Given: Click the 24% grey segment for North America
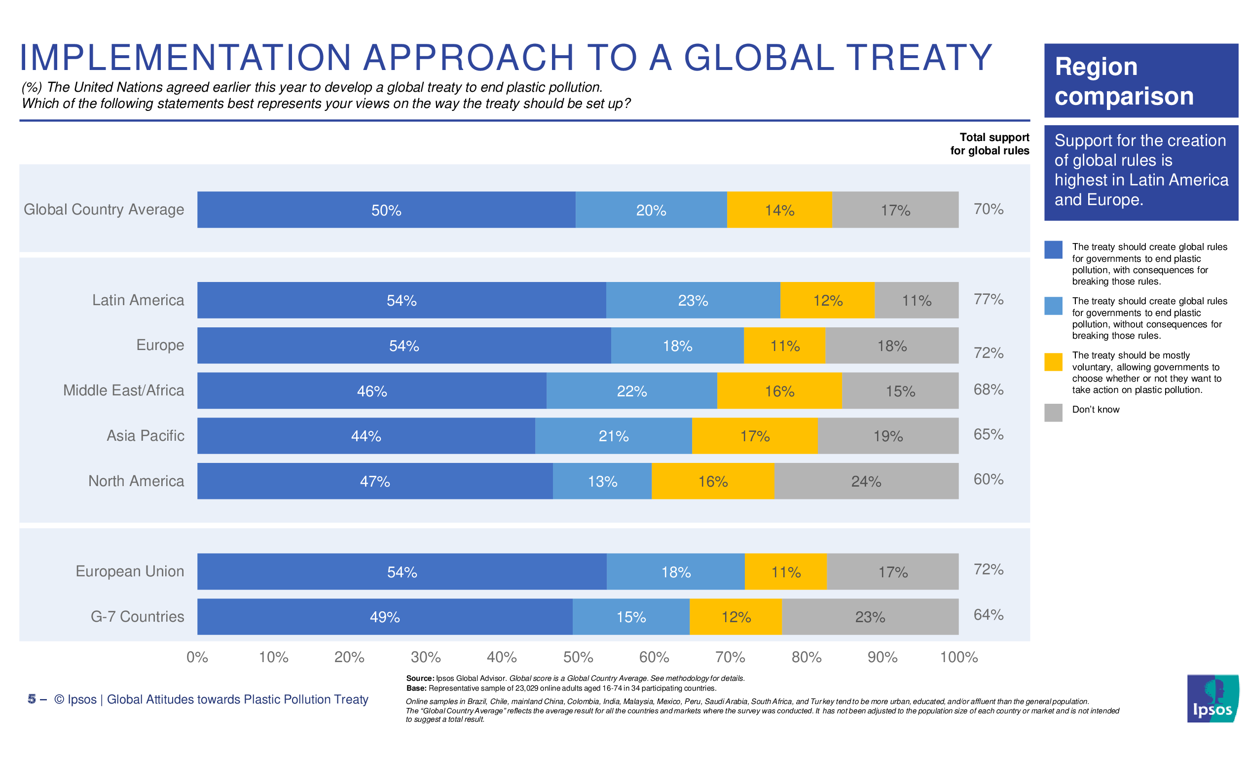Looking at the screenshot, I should click(x=866, y=481).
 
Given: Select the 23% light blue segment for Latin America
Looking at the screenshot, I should click(x=693, y=300).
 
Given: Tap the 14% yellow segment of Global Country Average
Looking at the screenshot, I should click(x=779, y=210).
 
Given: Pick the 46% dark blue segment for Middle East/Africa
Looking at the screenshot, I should click(x=372, y=391).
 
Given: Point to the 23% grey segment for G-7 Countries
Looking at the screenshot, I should click(x=870, y=617).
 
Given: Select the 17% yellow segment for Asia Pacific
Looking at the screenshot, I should click(x=755, y=436).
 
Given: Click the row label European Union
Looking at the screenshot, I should click(x=130, y=571).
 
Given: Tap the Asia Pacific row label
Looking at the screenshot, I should click(x=145, y=436).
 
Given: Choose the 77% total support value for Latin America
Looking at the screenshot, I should click(x=988, y=299).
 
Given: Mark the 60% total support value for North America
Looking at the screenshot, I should click(x=988, y=479).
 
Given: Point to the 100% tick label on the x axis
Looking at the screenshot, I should click(x=959, y=657).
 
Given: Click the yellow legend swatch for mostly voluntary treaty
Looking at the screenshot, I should click(x=1053, y=362).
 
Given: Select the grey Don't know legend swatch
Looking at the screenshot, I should click(x=1053, y=413).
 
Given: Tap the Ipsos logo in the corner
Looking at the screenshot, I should click(x=1212, y=699).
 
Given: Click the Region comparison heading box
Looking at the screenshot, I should click(x=1141, y=81).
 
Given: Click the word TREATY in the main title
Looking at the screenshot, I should click(x=919, y=57).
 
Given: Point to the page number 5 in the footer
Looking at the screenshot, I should click(x=32, y=700).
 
